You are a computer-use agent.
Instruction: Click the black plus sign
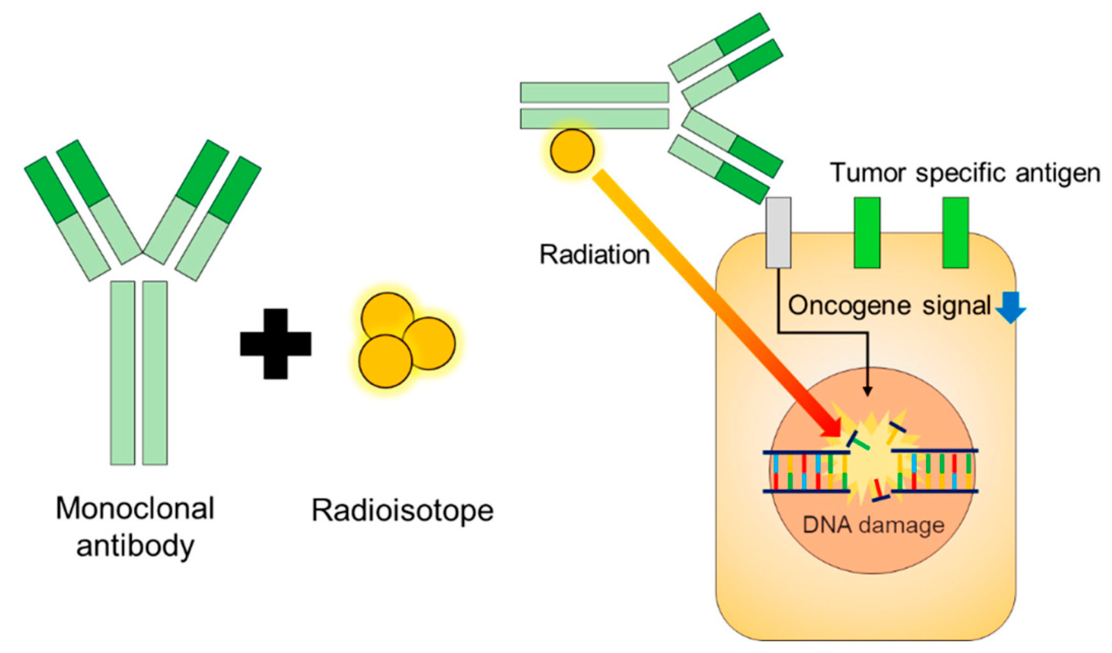click(275, 344)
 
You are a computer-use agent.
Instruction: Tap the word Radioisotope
click(402, 510)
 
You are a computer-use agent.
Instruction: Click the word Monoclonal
click(135, 508)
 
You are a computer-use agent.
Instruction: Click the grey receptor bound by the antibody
click(778, 233)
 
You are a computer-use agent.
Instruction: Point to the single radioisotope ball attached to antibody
click(572, 151)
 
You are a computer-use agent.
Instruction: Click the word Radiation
click(594, 255)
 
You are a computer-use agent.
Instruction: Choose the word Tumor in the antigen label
click(868, 173)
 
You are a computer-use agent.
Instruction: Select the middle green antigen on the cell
click(867, 233)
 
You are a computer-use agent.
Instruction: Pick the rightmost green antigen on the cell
click(956, 233)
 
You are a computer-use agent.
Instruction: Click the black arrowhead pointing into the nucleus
click(867, 391)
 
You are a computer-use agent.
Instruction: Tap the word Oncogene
click(849, 306)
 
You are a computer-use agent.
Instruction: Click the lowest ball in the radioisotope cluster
click(385, 362)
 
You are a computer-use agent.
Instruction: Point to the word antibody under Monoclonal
click(135, 546)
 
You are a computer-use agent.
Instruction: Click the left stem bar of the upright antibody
click(123, 373)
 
